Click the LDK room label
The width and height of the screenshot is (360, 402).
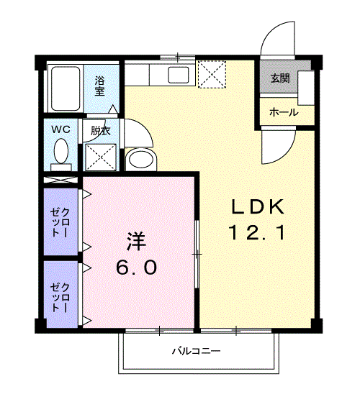[x=258, y=206]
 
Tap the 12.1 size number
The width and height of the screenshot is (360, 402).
[x=257, y=232]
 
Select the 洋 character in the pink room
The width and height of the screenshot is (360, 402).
[x=136, y=241]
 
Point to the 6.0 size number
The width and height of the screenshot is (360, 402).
[x=136, y=267]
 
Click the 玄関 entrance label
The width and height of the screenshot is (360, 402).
[x=280, y=78]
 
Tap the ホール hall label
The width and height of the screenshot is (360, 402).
[x=284, y=112]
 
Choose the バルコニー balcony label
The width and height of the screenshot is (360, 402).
[x=197, y=350]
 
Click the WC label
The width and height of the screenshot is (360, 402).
[x=61, y=129]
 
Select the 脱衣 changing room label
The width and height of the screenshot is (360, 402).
[x=101, y=131]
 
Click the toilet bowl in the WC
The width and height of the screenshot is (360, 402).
[x=61, y=151]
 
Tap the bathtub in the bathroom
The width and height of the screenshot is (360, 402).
[x=66, y=88]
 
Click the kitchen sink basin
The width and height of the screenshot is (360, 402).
[x=179, y=75]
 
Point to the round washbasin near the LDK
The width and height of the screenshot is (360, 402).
[x=141, y=160]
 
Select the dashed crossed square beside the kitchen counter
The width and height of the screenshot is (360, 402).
[x=212, y=74]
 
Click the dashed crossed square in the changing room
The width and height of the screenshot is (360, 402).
[x=101, y=157]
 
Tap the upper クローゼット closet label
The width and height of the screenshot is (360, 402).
[x=60, y=222]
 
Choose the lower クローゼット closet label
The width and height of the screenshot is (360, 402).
[x=60, y=298]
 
